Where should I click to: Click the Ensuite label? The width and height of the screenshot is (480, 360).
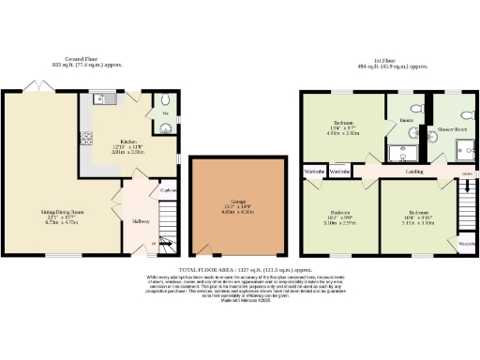click(x=407, y=122)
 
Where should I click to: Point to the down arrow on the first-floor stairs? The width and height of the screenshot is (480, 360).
click(x=466, y=173)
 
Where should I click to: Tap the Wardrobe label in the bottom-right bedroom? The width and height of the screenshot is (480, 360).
click(x=464, y=244)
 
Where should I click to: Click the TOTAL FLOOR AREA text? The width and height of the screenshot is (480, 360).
click(x=240, y=268)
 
